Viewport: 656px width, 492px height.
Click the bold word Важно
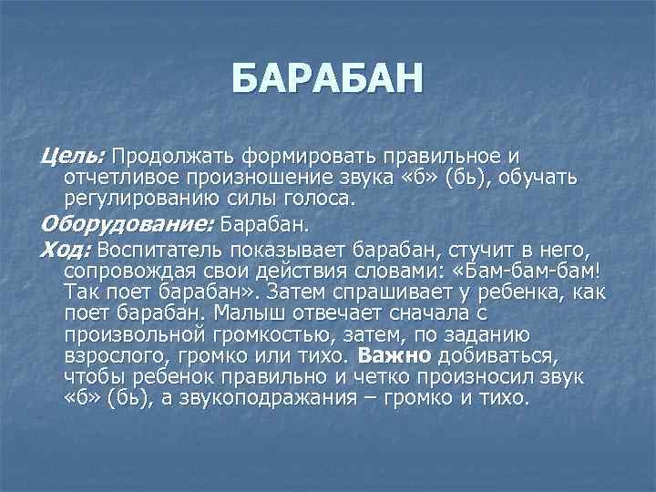click(394, 354)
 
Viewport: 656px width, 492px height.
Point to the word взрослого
click(117, 354)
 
